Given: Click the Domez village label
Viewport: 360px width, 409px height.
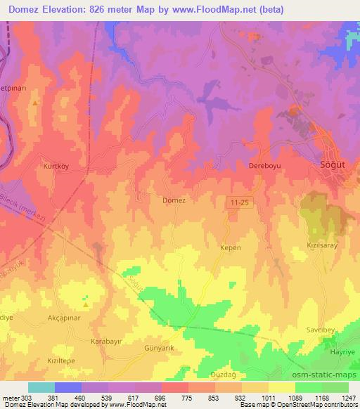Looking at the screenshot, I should pyautogui.click(x=173, y=200).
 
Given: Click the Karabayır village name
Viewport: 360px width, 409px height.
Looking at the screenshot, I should pyautogui.click(x=106, y=341).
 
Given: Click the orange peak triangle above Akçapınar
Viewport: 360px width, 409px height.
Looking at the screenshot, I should pyautogui.click(x=86, y=305).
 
